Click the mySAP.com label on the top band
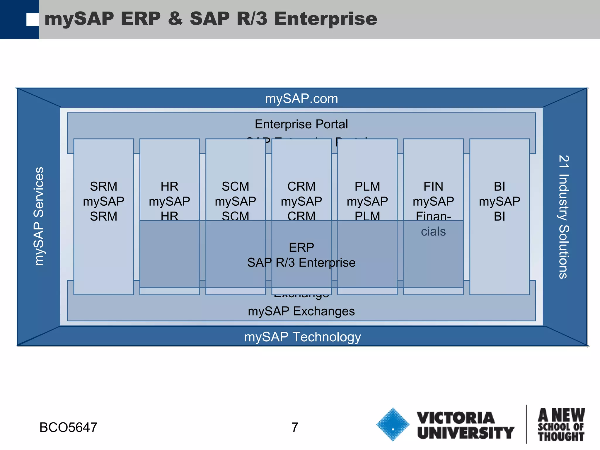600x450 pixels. point(301,99)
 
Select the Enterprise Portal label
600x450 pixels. point(301,124)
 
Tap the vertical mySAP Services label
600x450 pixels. point(39,216)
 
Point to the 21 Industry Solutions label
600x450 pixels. point(563,217)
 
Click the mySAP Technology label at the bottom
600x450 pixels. point(302,337)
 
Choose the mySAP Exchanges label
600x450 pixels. point(301,311)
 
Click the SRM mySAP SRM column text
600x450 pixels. point(103,201)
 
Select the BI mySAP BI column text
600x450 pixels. point(499,201)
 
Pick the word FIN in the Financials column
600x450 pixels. point(433,187)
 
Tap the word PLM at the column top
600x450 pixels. point(367,187)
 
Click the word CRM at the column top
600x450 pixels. point(301,187)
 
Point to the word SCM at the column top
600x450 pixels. point(235,187)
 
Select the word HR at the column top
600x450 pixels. point(169,187)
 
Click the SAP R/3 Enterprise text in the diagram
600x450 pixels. point(301,263)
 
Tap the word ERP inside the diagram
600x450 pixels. point(301,248)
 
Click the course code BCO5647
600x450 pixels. point(68,427)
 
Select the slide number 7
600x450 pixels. point(295,427)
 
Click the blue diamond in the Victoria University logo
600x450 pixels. point(393,424)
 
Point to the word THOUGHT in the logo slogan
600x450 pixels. point(561,437)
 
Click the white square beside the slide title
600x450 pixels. point(33,20)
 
